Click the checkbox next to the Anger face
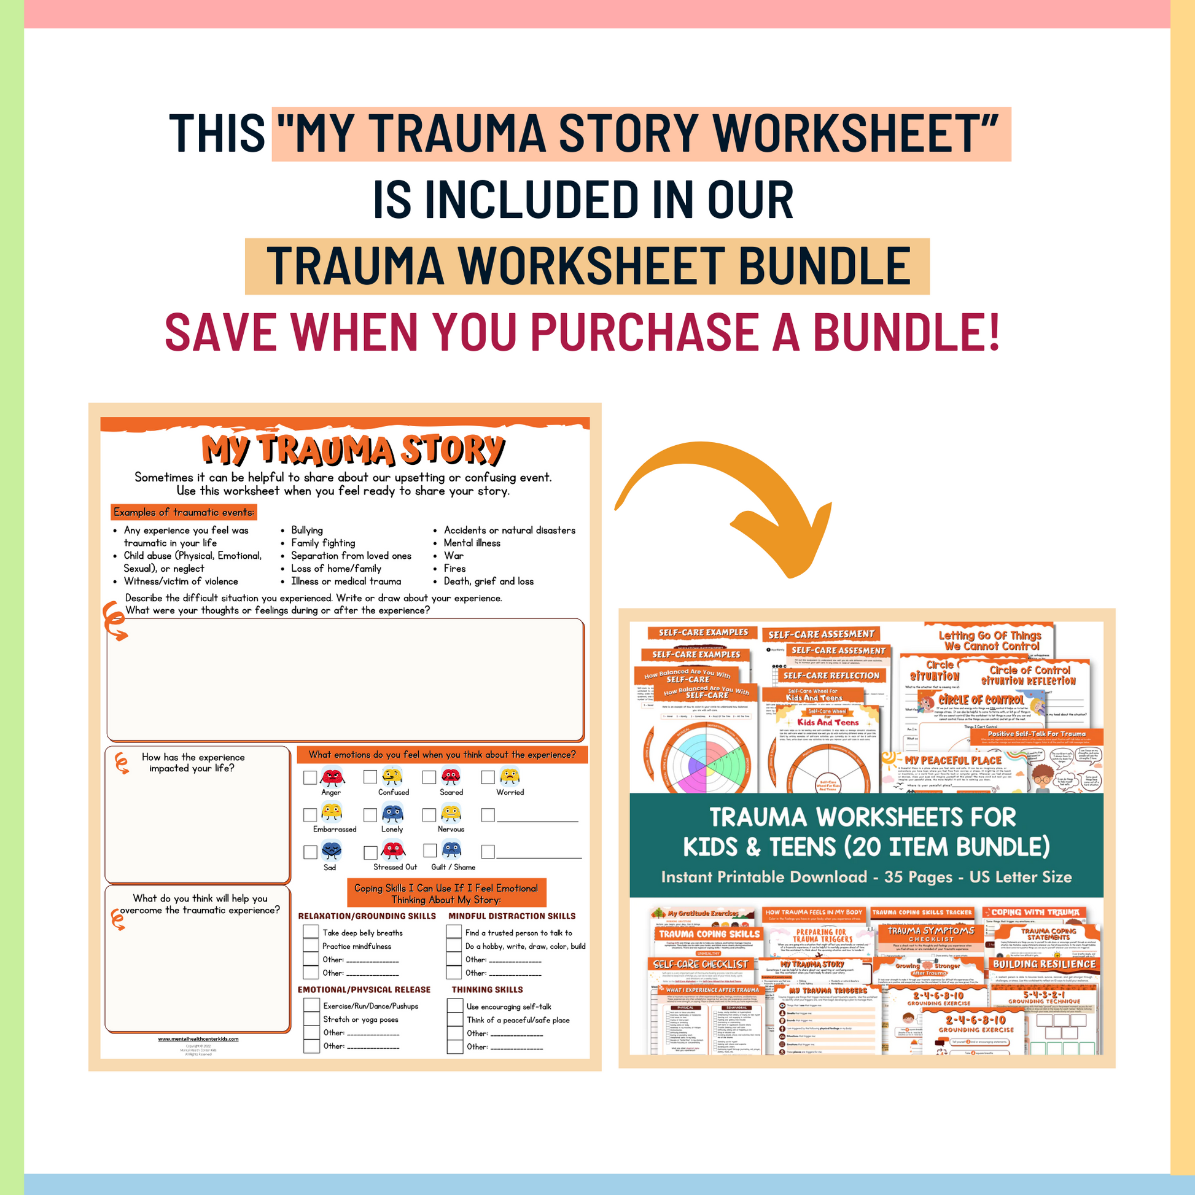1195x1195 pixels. tap(310, 777)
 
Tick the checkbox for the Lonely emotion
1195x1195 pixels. tap(370, 815)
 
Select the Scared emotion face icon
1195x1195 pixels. tap(451, 776)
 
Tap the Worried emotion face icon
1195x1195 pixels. tap(510, 776)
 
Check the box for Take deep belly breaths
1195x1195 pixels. tap(311, 932)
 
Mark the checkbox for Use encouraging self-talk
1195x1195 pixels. tap(454, 1006)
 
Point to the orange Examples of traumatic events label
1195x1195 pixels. tap(184, 512)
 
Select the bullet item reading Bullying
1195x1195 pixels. tap(307, 530)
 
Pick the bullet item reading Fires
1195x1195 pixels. tap(454, 569)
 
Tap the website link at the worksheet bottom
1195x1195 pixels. tap(198, 1039)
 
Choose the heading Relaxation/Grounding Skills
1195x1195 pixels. tap(367, 916)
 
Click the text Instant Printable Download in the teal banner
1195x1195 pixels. tap(764, 877)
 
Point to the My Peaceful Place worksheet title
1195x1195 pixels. tap(952, 760)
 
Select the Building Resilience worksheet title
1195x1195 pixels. tap(1044, 964)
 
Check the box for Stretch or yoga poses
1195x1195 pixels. tap(311, 1019)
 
